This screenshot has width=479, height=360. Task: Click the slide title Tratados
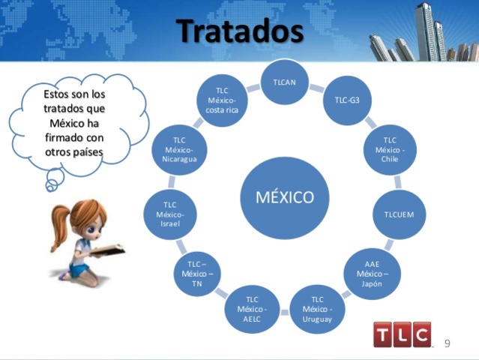click(x=240, y=31)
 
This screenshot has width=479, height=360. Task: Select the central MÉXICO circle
click(x=285, y=198)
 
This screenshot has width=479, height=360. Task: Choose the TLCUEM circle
click(x=399, y=214)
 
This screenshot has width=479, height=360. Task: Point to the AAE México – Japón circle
click(x=372, y=273)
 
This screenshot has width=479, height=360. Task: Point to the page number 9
click(x=448, y=343)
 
